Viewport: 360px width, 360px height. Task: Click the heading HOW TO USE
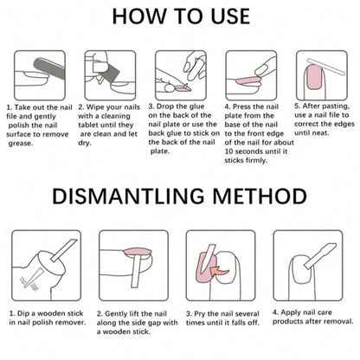coord(181,16)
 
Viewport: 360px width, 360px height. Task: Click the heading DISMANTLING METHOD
coord(179,196)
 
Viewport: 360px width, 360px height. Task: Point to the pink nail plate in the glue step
coord(183,89)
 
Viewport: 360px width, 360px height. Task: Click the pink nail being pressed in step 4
coord(247,80)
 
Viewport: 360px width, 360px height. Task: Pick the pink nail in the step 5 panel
coord(314,77)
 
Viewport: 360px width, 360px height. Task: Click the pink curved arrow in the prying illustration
coord(219,271)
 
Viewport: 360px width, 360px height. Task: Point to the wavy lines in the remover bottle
coord(29,283)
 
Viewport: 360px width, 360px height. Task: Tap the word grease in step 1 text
coord(21,144)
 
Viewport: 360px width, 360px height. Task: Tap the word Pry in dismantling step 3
coord(200,314)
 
